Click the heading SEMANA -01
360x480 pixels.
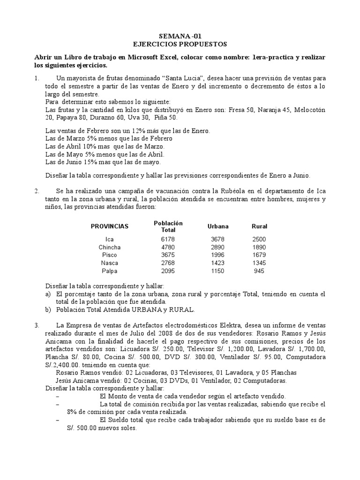click(x=180, y=36)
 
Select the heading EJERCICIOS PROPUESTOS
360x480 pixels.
click(x=180, y=44)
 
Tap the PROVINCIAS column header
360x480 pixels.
click(x=110, y=226)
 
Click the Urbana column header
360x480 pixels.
click(x=218, y=226)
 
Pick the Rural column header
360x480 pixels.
click(x=259, y=226)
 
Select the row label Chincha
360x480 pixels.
click(x=110, y=247)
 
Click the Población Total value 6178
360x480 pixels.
click(x=168, y=239)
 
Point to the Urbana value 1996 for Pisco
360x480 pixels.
click(x=218, y=255)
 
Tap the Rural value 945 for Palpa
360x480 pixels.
click(x=259, y=271)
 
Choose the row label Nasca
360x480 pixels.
click(x=110, y=263)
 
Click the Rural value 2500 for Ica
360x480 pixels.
click(x=259, y=239)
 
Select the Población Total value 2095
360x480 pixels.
click(x=168, y=271)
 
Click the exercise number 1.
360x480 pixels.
click(x=37, y=78)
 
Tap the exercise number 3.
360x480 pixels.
click(x=37, y=325)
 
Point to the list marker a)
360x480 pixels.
click(x=48, y=294)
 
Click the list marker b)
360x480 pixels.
click(x=48, y=310)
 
